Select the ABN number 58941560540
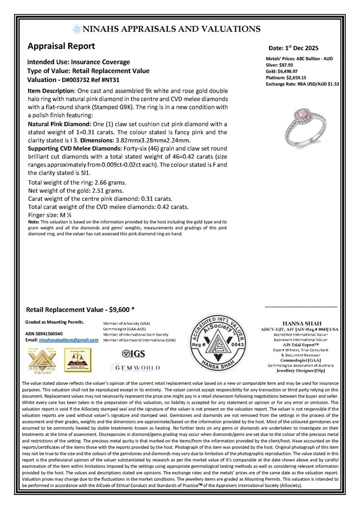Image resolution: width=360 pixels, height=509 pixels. [51, 334]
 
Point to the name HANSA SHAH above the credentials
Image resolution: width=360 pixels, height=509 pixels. [299, 322]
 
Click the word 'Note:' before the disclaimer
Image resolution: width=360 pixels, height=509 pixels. [32, 222]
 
